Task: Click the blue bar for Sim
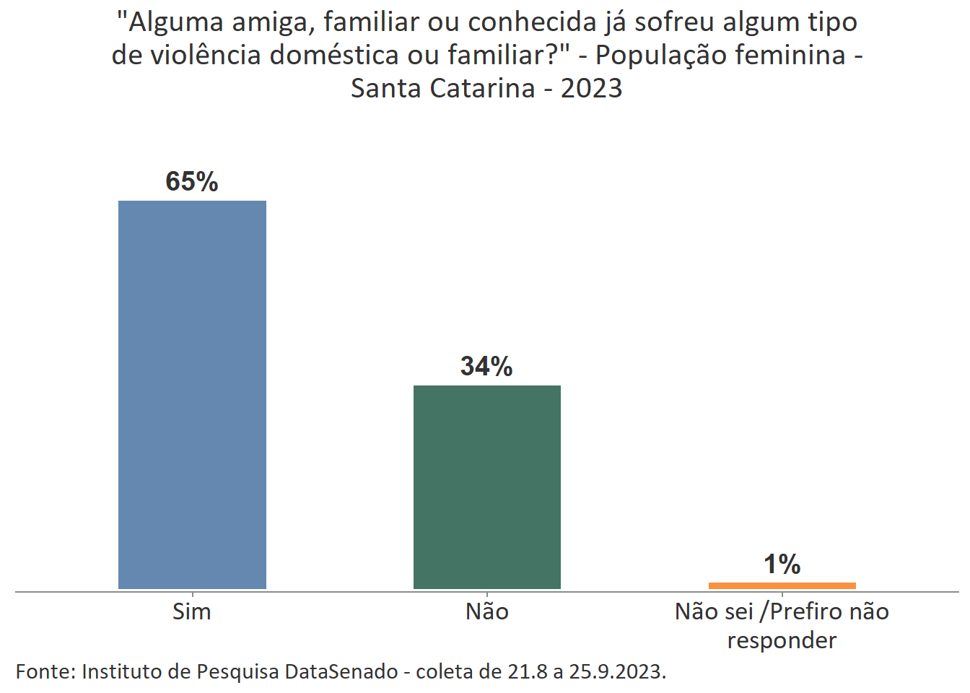coord(192,394)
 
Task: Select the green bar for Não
coord(487,487)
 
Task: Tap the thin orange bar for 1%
coord(782,585)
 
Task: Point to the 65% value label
coord(192,181)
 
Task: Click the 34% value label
coord(487,367)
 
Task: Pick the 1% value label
coord(782,565)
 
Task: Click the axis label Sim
coord(192,611)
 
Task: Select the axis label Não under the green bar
coord(487,611)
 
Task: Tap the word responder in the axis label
coord(782,640)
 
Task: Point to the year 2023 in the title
coord(591,88)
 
